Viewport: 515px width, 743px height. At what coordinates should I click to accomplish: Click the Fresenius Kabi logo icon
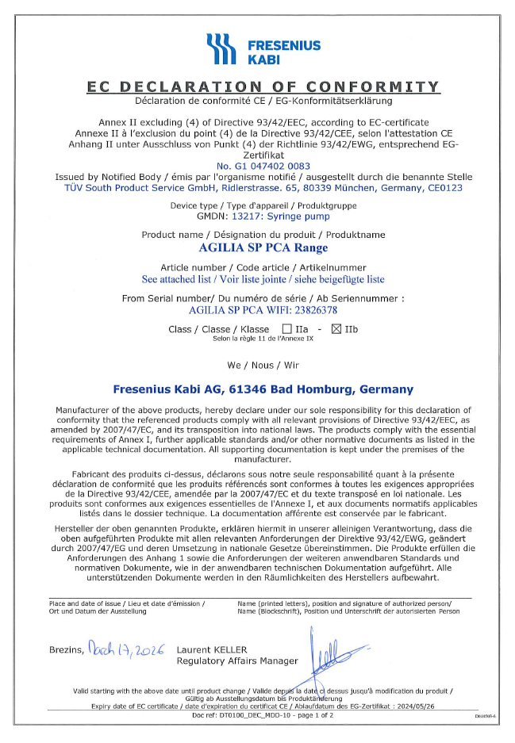(221, 49)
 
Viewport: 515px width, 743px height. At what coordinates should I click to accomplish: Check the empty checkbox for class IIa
(287, 328)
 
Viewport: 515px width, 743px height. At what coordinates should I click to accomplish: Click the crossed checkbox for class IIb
(335, 328)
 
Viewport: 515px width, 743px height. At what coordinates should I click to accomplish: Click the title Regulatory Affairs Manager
(237, 661)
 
